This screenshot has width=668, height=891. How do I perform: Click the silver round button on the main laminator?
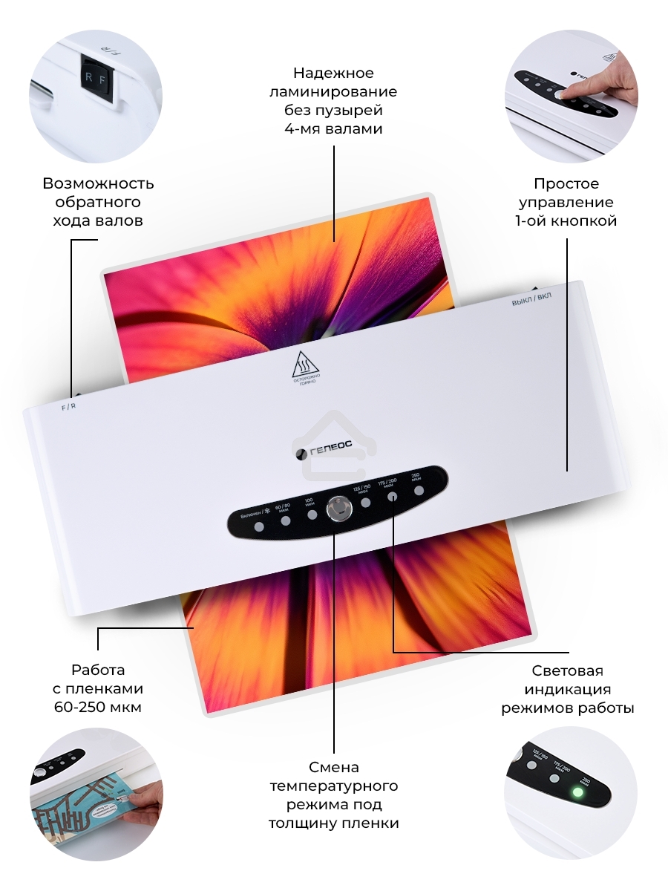pos(338,510)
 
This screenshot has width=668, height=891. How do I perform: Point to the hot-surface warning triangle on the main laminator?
pos(304,362)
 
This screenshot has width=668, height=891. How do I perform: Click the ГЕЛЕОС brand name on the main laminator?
pos(332,448)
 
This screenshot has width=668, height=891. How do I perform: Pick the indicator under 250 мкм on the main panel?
pos(419,491)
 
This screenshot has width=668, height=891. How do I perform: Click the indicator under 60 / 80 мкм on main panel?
pos(285,520)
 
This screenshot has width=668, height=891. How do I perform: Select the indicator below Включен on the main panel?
pos(259,526)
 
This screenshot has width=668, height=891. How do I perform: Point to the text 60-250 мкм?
pos(97,707)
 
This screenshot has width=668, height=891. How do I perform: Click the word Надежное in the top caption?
pos(333,73)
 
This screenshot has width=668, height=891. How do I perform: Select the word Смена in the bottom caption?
pos(334,766)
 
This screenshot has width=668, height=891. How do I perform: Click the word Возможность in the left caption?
pos(98,183)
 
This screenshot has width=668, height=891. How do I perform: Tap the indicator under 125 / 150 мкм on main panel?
pos(366,503)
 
